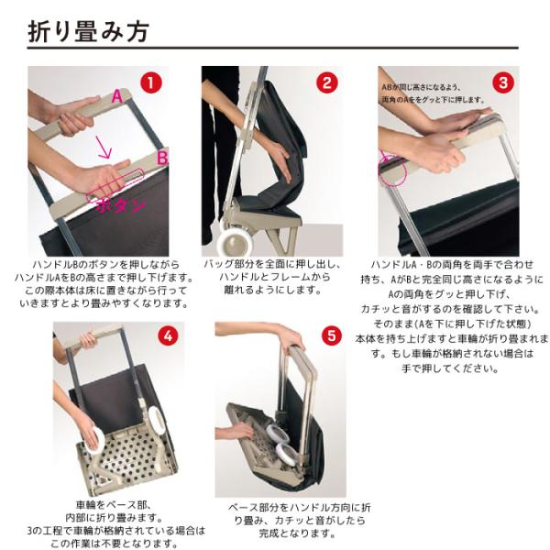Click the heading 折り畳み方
click(88, 31)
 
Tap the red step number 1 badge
click(151, 83)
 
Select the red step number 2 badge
click(327, 83)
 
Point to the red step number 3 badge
click(503, 83)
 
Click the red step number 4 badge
click(169, 335)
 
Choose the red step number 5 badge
click(332, 335)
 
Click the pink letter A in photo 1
click(117, 96)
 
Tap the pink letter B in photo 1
click(162, 158)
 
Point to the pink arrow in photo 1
click(104, 148)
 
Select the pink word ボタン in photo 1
click(121, 206)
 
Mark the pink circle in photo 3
click(392, 170)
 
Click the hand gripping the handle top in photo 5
click(293, 337)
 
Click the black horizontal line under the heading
click(272, 48)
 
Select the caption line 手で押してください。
click(450, 368)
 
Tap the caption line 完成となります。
click(297, 533)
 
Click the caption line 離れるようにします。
click(273, 290)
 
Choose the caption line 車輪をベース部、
click(114, 505)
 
